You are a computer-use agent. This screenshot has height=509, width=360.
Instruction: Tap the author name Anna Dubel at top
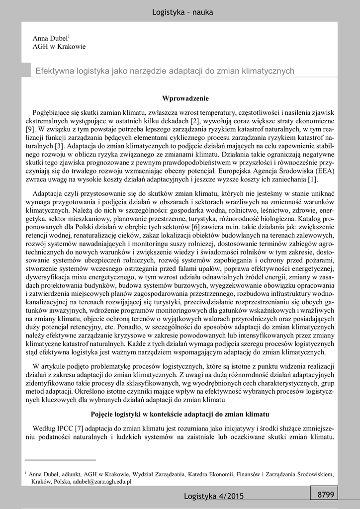[50, 38]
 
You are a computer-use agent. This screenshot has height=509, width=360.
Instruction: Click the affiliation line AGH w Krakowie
[59, 47]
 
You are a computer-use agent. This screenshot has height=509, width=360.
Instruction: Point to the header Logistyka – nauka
[182, 12]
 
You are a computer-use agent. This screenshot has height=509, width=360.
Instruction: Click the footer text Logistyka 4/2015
[214, 496]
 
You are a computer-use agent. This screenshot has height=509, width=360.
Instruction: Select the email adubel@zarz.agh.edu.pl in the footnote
[101, 482]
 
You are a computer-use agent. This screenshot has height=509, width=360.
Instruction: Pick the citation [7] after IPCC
[80, 428]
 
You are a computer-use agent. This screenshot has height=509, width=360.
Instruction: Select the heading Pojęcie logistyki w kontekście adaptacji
[180, 414]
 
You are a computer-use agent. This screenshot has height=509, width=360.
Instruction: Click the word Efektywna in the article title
[55, 71]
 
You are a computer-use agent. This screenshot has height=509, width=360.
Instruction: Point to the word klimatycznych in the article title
[267, 71]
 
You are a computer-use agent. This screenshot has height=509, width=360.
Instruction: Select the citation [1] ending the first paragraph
[312, 179]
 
